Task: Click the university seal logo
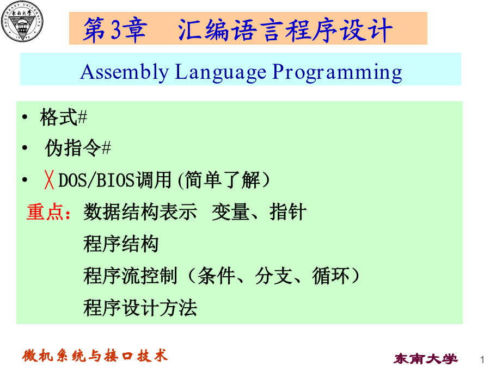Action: click(22, 22)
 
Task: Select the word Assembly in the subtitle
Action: click(124, 72)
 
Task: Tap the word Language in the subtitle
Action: click(220, 72)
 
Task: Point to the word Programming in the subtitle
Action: click(337, 72)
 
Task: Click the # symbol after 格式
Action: click(82, 117)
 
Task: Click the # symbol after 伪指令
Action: click(106, 148)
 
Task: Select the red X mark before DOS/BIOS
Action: click(49, 180)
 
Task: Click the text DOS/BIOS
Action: click(96, 181)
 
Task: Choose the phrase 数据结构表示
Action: click(140, 212)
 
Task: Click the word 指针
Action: click(288, 212)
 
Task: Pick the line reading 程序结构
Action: click(121, 244)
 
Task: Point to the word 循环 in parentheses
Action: click(331, 276)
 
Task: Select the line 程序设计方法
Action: click(140, 308)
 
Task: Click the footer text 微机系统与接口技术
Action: click(95, 356)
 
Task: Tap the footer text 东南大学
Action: click(426, 359)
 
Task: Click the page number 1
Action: click(482, 359)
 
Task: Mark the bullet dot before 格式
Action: click(25, 117)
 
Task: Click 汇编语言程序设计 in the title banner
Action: click(285, 30)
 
